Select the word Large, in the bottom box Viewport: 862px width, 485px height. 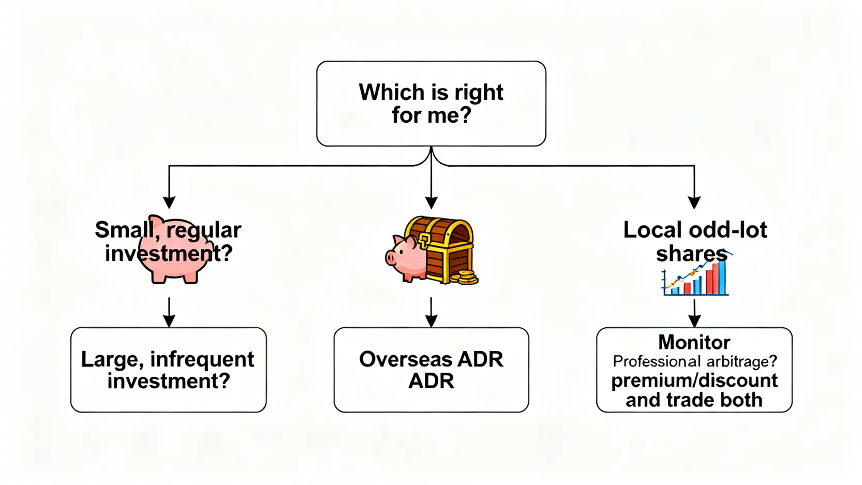(110, 359)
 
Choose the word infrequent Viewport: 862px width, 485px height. (202, 359)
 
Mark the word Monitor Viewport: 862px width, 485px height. (694, 342)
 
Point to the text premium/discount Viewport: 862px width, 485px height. (694, 380)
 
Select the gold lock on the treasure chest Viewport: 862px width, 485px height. (424, 240)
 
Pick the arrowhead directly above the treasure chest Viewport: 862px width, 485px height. (431, 202)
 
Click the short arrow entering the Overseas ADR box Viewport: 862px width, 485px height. (431, 313)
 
